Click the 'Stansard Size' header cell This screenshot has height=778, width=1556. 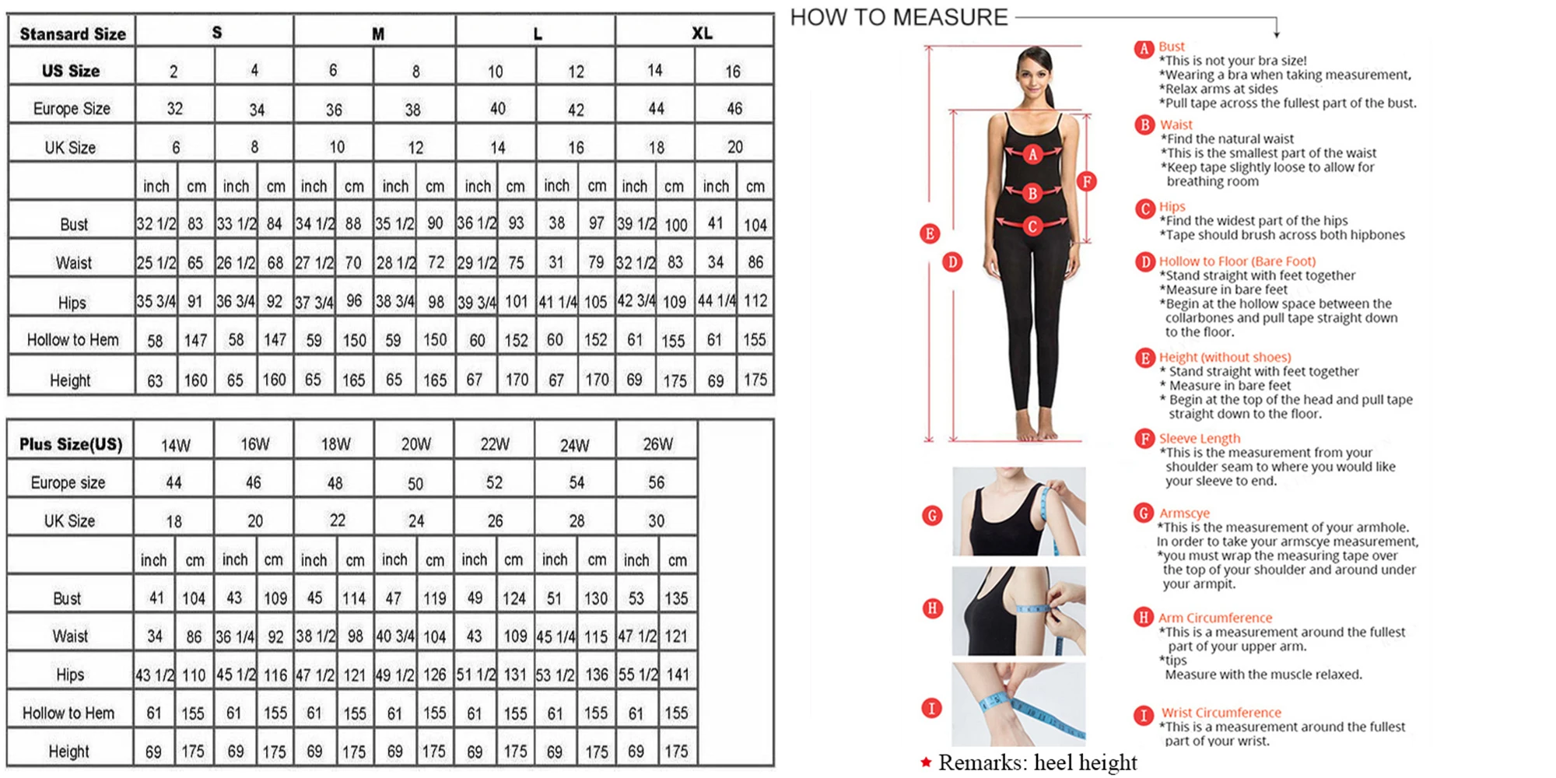click(72, 33)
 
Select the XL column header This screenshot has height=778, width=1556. click(702, 33)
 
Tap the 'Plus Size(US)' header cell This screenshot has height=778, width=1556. click(71, 444)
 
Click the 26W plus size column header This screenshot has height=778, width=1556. click(657, 444)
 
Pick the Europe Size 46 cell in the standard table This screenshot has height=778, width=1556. click(734, 109)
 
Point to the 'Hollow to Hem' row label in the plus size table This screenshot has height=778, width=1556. click(68, 713)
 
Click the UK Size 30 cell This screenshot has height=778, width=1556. click(657, 520)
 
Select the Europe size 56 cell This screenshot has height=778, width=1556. click(657, 482)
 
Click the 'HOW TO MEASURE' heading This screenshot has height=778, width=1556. click(899, 17)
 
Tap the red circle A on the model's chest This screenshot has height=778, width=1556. click(1032, 154)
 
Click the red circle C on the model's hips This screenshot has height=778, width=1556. click(1032, 226)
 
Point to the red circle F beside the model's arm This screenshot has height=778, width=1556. click(1087, 181)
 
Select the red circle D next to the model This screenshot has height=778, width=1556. click(952, 262)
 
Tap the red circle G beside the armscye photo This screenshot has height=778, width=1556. click(932, 515)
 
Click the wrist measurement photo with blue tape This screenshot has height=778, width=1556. click(1018, 704)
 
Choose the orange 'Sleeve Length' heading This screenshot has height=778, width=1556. click(1200, 439)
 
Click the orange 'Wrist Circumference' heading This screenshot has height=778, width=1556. click(1221, 713)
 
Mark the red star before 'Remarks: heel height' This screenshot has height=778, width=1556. click(926, 762)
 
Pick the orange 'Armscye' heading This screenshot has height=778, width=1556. click(1185, 513)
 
